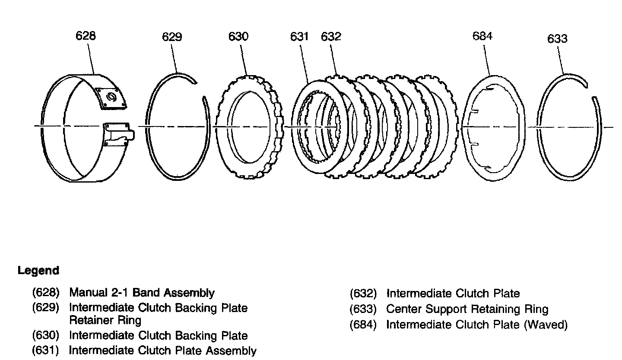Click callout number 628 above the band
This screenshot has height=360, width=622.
click(86, 35)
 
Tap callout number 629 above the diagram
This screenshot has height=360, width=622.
click(172, 37)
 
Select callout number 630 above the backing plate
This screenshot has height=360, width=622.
click(238, 36)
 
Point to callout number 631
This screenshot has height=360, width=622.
click(299, 36)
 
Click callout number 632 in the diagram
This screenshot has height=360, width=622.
click(331, 36)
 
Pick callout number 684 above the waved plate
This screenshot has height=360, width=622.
click(482, 36)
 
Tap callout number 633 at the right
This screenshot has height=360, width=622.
click(557, 38)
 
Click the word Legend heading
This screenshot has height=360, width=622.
click(38, 271)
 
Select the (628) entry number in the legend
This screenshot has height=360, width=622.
click(45, 293)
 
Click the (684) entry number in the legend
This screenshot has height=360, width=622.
click(363, 325)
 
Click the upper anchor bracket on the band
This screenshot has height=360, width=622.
click(111, 98)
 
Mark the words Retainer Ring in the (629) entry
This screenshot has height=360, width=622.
click(105, 320)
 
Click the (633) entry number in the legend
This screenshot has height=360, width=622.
click(363, 309)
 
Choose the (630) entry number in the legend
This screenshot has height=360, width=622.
click(45, 335)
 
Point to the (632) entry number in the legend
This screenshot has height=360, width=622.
click(363, 294)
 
